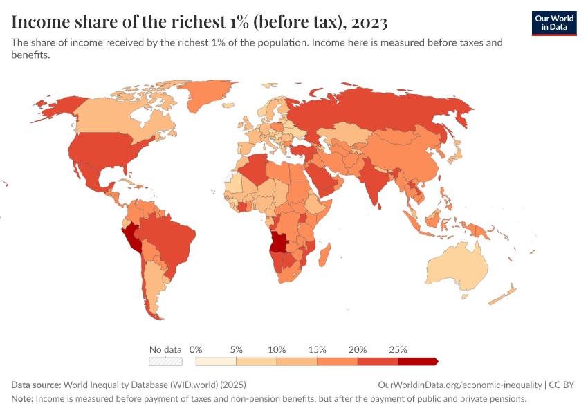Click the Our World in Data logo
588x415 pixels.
click(x=553, y=22)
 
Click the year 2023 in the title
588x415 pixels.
click(x=369, y=22)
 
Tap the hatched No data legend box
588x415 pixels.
click(x=165, y=361)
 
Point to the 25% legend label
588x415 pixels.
click(x=398, y=349)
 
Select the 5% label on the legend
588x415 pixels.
click(x=236, y=349)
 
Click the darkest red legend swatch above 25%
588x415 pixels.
click(x=417, y=361)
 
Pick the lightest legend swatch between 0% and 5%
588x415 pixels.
click(x=216, y=361)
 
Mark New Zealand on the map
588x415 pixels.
click(x=504, y=294)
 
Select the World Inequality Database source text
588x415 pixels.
click(x=154, y=385)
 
